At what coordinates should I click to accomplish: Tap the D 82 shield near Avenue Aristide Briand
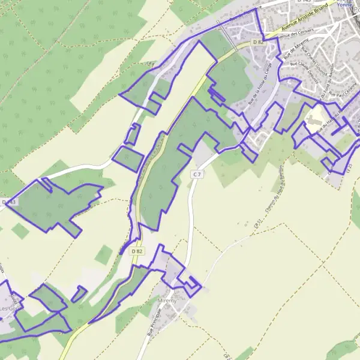258,41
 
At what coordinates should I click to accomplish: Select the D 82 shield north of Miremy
137,251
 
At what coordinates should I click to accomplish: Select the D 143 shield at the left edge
10,202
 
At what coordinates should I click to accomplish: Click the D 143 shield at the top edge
304,1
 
